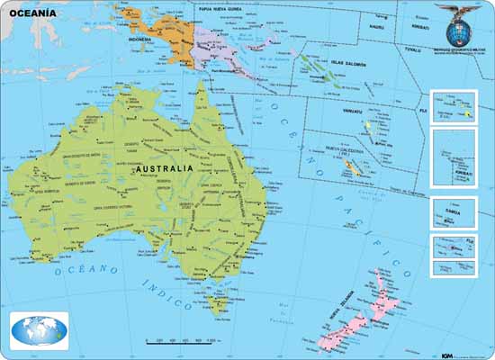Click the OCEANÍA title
pos(30,13)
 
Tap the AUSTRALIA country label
pos(163,168)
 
